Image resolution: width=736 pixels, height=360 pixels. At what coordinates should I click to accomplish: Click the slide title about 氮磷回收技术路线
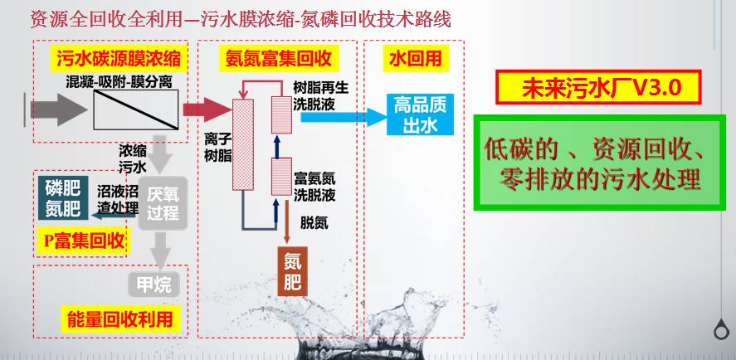tap(241, 18)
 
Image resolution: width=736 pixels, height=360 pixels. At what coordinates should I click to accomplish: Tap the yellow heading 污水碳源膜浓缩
tap(119, 58)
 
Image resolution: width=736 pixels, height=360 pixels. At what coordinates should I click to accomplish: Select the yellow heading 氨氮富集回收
tap(279, 58)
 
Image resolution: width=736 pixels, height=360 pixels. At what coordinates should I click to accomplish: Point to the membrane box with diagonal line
tap(134, 109)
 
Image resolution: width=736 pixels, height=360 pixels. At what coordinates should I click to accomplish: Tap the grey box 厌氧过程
tap(163, 202)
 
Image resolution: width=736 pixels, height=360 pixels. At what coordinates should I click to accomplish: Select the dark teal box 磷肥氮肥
tap(62, 197)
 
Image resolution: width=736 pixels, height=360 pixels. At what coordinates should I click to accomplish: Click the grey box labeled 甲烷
tap(154, 285)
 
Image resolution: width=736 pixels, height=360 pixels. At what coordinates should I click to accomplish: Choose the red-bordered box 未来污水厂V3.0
tap(597, 87)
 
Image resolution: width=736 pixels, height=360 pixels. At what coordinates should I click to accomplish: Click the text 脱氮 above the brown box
tap(314, 222)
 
